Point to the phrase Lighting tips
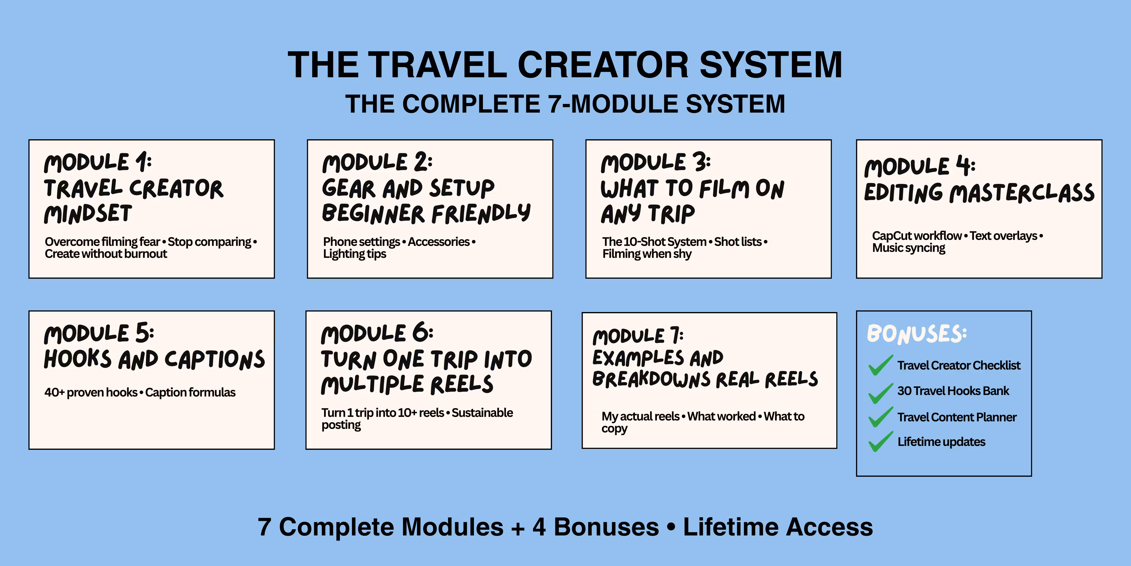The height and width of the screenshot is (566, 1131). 355,254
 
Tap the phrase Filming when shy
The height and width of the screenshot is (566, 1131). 647,254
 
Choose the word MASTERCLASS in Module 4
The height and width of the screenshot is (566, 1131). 1022,194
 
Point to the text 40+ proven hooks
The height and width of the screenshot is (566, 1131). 91,392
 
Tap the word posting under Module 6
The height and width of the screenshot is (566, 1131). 341,425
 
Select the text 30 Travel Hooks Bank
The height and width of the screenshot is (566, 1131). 953,391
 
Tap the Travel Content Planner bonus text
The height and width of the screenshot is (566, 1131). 957,417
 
